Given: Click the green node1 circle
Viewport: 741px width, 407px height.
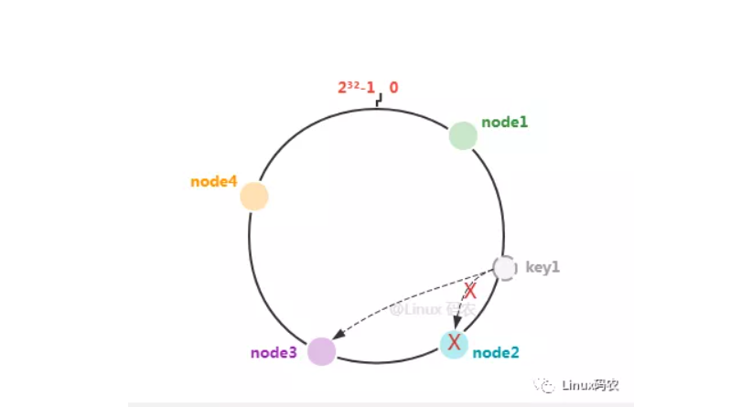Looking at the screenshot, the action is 463,135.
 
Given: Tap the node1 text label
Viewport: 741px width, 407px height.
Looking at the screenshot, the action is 505,122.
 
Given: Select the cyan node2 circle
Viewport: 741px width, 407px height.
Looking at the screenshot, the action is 454,344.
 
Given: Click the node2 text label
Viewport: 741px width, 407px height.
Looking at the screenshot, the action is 496,352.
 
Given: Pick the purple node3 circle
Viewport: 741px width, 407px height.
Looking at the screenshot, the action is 321,351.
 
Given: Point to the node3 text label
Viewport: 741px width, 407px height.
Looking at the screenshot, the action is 274,352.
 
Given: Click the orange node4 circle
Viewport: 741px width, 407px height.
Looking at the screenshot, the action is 254,197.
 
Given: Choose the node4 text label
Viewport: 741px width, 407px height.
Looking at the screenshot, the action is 214,182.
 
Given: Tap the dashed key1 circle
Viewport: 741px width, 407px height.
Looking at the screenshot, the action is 504,268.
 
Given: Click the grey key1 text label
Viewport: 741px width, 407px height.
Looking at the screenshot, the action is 542,268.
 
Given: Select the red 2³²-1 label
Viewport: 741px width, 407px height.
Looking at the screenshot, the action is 357,89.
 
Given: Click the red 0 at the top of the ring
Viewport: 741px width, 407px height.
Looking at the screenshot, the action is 393,89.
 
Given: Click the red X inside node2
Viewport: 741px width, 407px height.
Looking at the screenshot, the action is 453,344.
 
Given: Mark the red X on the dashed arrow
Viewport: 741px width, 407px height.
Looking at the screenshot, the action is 470,292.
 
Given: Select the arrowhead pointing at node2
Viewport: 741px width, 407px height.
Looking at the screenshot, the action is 456,325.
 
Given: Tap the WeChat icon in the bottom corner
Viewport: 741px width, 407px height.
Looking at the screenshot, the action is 545,385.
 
